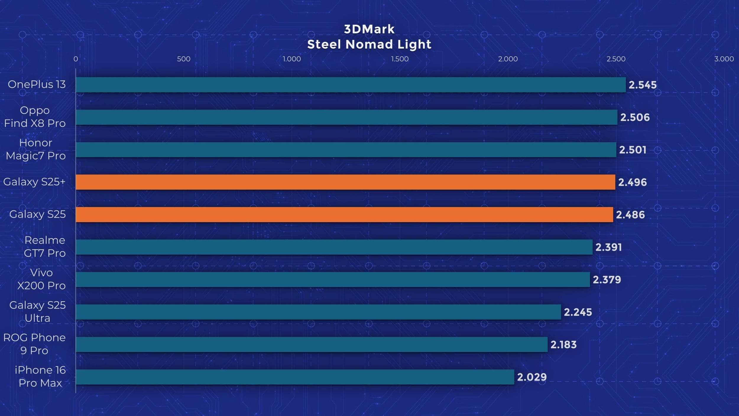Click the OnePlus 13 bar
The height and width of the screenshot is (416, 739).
pos(351,85)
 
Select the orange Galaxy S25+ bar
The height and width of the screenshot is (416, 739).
pos(345,182)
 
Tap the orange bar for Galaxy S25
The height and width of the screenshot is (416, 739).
pos(344,215)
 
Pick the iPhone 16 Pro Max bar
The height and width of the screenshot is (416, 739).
pos(295,377)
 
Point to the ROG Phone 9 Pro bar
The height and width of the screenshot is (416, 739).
pos(311,344)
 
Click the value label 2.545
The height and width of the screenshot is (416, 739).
pos(642,85)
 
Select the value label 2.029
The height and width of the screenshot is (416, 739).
pos(531,377)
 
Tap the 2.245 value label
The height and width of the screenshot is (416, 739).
pos(578,312)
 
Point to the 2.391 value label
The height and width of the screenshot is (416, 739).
pos(608,247)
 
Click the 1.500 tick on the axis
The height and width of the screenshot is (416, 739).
pos(400,59)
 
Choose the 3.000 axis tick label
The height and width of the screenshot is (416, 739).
pos(724,59)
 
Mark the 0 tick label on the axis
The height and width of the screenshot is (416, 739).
pos(76,59)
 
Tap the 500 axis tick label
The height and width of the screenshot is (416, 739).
pos(184,59)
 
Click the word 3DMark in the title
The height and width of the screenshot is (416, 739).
pos(369,29)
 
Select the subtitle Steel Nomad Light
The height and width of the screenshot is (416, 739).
pos(369,44)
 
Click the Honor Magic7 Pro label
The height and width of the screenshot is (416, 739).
pos(35,149)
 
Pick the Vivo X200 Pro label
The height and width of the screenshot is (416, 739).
pos(41,279)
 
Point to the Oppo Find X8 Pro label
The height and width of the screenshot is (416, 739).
pos(35,117)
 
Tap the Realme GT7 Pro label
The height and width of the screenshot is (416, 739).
pos(44,246)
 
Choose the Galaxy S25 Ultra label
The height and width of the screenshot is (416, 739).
pos(37,312)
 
